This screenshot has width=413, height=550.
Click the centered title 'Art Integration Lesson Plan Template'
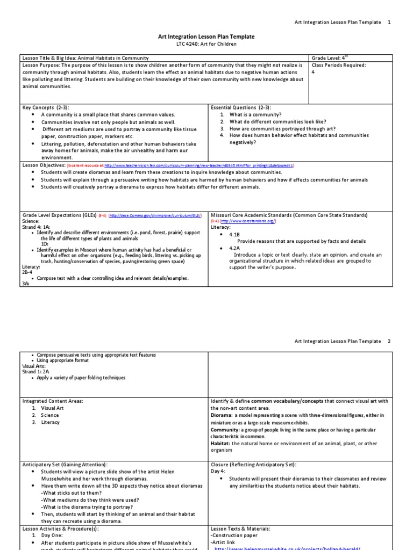pos(206,37)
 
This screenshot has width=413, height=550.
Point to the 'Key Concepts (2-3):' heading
pos(46,107)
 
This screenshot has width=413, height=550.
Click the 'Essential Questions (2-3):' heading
pos(241,107)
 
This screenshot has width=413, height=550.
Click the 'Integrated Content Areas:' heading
pos(53,401)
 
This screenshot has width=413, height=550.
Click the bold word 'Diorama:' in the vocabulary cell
pos(222,415)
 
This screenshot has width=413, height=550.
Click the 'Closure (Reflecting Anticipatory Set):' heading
pos(253,464)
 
